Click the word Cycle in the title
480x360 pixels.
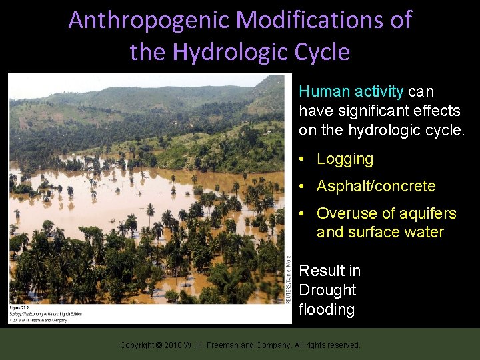[x=324, y=51]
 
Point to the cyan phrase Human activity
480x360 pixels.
[x=351, y=91]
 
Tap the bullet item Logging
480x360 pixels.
[x=345, y=159]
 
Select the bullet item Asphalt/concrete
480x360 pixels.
[x=376, y=187]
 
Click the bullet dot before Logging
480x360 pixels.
[x=303, y=159]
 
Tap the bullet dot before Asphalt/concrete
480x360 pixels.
[x=303, y=187]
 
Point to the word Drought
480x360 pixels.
[x=328, y=290]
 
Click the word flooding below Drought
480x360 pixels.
[x=327, y=309]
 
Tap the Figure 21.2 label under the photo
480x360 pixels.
[x=20, y=307]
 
